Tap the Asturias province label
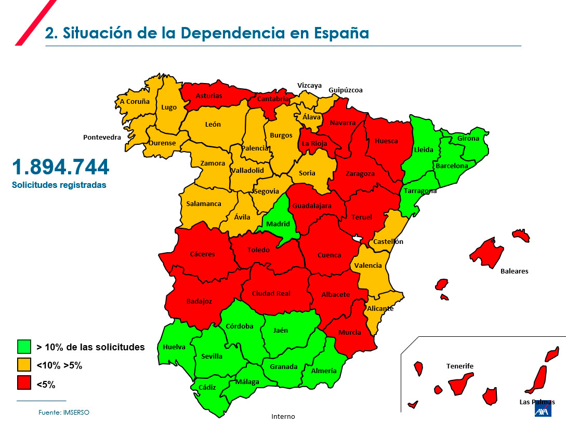[x=209, y=96]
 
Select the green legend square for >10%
[x=24, y=347]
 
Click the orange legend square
[x=24, y=365]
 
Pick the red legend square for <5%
[x=24, y=384]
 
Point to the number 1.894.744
[x=61, y=167]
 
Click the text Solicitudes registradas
[x=59, y=185]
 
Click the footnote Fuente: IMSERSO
[x=64, y=412]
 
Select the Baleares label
[x=514, y=271]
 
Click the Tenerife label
[x=459, y=366]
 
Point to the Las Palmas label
[x=537, y=402]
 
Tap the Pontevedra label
[x=102, y=138]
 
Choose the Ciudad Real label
[x=271, y=293]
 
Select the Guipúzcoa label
[x=345, y=90]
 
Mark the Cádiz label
[x=207, y=387]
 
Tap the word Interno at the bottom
[x=283, y=416]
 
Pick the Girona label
[x=468, y=139]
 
